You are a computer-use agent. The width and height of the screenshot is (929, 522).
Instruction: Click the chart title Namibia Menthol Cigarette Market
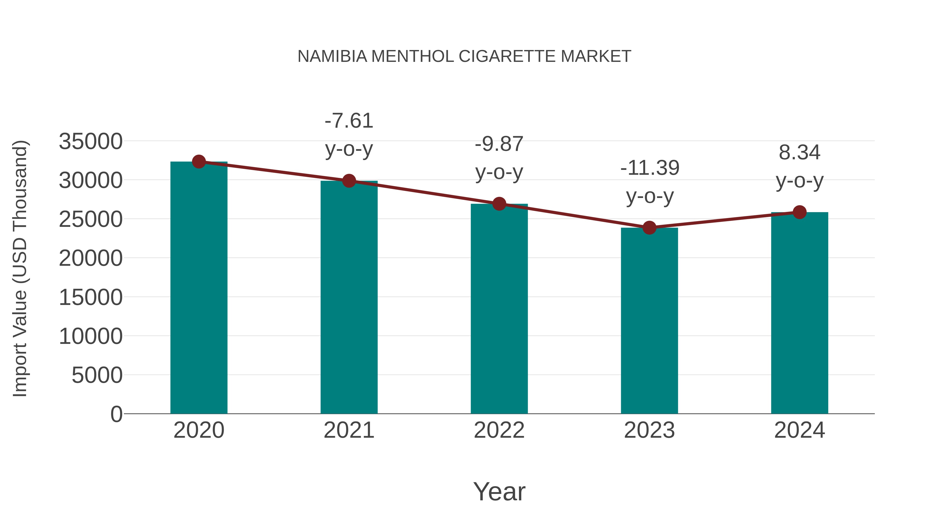pos(464,56)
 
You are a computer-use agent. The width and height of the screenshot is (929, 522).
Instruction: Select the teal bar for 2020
pos(199,288)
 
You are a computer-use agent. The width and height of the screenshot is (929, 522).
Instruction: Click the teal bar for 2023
pos(649,321)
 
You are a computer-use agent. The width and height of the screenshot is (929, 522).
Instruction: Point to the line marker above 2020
pos(199,162)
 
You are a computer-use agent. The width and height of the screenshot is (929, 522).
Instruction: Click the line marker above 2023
pos(649,228)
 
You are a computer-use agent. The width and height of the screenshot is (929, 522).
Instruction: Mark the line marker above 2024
pos(799,212)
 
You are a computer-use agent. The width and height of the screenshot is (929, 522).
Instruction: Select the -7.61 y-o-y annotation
pos(349,135)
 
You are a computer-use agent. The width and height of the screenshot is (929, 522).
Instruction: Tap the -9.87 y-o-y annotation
pos(499,158)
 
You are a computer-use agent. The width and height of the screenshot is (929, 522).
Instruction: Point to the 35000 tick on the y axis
pos(91,141)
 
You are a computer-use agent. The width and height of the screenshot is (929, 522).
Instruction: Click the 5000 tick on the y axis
pos(97,375)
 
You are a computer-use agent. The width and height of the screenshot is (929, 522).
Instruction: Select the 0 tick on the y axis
pos(116,414)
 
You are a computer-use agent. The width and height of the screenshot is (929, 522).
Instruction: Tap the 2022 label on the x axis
pos(499,430)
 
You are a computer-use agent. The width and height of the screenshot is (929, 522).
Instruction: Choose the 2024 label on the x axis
pos(799,430)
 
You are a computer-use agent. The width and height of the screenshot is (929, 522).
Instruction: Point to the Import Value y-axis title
pos(20,268)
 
